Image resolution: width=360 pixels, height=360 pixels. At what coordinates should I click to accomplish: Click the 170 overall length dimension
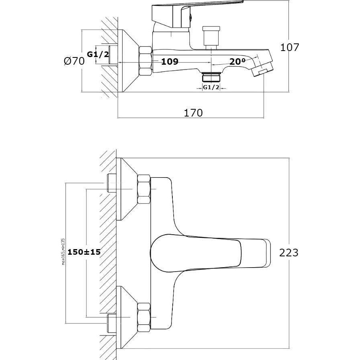point(193,113)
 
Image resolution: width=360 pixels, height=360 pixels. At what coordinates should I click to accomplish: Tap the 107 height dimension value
point(290,47)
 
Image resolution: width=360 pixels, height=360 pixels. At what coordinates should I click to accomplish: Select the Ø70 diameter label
point(74,61)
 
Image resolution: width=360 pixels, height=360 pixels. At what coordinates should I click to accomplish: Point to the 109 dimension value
point(170,62)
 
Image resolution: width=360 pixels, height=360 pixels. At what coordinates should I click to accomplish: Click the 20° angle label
point(237,61)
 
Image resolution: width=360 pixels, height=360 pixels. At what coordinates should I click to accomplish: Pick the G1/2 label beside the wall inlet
point(98,54)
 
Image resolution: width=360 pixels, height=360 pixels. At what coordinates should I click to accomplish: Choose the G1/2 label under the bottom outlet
point(211,87)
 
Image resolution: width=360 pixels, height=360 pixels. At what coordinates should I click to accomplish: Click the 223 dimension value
point(289,252)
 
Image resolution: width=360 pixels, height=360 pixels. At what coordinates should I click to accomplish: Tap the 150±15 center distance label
point(84,252)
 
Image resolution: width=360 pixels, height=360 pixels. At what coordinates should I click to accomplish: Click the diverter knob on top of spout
point(211,36)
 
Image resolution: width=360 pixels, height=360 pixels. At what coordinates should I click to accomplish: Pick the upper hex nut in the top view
point(144,189)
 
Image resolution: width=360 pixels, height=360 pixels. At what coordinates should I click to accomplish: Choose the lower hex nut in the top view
point(144,317)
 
